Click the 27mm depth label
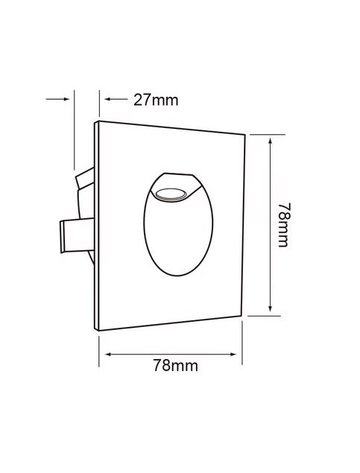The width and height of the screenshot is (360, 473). coord(156,100)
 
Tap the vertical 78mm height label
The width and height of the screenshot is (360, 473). coord(284,225)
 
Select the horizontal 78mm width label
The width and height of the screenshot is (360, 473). coord(176,366)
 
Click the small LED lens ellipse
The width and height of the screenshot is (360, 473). coord(171,194)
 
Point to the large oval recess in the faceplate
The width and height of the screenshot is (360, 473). coord(178,224)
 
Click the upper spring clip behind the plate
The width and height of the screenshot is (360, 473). coord(85,178)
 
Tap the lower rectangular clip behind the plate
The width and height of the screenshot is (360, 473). coord(78,235)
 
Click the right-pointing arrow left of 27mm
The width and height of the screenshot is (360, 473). coord(57,99)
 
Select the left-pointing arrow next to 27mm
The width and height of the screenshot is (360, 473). coord(116,99)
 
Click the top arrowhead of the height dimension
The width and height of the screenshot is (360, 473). coord(271,141)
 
